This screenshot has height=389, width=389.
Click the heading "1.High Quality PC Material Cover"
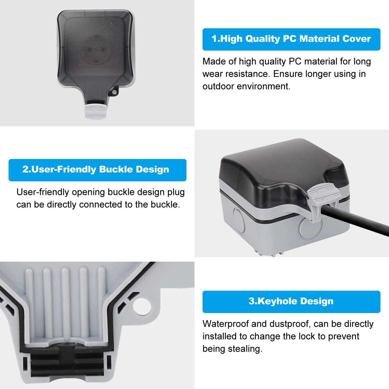[x=291, y=39]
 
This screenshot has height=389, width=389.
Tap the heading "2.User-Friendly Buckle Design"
[x=96, y=170]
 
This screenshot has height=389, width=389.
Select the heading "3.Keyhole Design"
[x=291, y=301]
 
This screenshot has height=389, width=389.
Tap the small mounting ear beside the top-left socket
[x=114, y=92]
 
